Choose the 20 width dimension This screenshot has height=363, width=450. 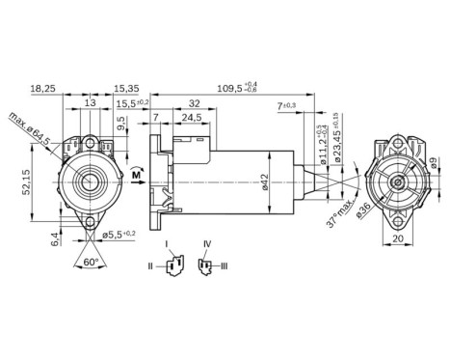tap(398, 239)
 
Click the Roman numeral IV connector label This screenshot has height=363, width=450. tap(206, 243)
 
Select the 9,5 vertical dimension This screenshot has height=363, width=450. tap(119, 125)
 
